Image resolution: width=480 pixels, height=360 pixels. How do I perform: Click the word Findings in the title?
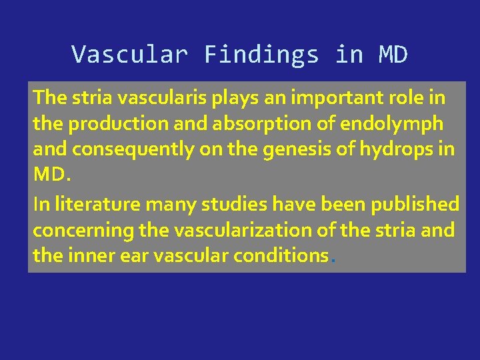point(261,55)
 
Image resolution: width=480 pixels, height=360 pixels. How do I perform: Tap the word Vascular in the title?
point(129,55)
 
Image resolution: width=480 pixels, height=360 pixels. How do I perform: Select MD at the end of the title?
point(393,55)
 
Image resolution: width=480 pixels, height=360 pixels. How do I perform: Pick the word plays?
point(229,98)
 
